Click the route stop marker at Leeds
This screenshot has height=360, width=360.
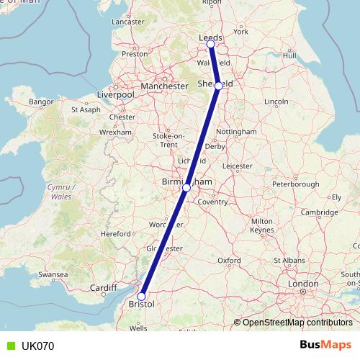coord(211,45)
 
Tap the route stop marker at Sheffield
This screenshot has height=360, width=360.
coord(219,85)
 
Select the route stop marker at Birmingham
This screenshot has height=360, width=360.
coord(186,188)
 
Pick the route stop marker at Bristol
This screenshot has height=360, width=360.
coord(142,297)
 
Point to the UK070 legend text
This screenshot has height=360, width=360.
coord(37,346)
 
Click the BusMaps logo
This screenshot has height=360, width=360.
coord(325,346)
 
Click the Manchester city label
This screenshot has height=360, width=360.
coord(164,86)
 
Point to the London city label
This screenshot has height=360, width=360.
coord(304,284)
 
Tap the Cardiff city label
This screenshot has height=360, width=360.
coord(104,288)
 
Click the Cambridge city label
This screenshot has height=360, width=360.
coord(320,212)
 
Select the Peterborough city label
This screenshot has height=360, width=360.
coord(295,184)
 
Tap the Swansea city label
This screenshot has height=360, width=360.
coord(53,275)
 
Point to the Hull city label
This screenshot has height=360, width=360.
coord(290,55)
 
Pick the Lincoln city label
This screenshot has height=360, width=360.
coord(276,102)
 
